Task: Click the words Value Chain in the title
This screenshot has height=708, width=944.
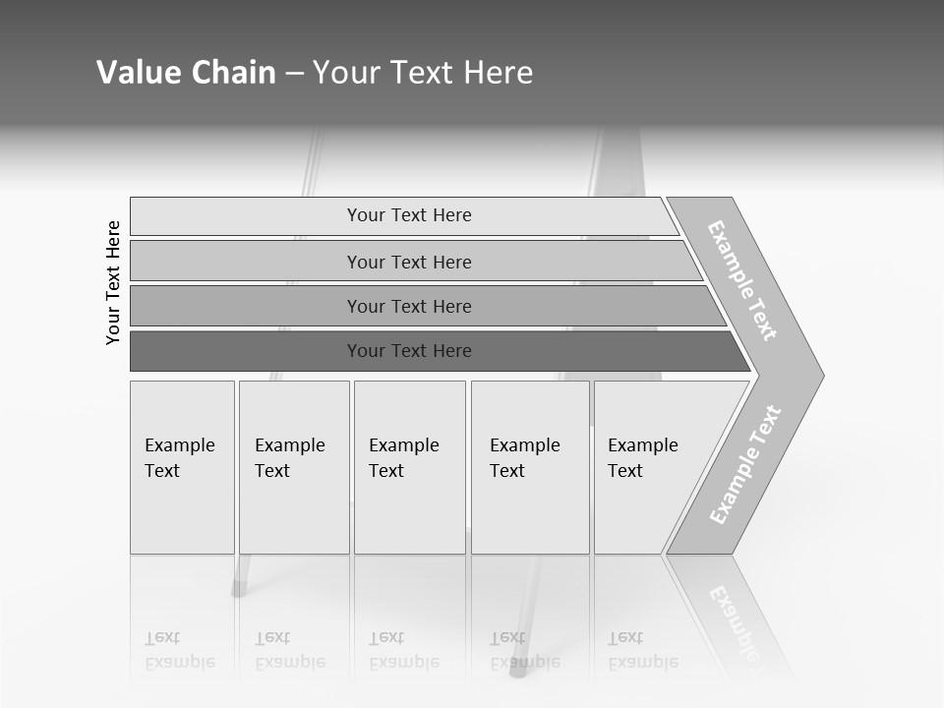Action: point(186,73)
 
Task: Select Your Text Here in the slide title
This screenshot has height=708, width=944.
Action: point(423,73)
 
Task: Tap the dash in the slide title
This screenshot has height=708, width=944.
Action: point(294,74)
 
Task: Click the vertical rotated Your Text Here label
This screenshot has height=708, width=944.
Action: point(113,282)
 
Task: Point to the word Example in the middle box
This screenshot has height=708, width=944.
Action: point(403,445)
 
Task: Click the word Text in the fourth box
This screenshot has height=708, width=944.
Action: point(507,471)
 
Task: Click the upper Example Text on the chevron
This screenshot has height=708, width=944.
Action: point(742,281)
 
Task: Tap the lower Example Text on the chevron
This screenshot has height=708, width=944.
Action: point(745,464)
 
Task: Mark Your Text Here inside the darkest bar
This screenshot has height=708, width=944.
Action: point(409,351)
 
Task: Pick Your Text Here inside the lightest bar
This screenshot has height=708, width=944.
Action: point(409,215)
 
